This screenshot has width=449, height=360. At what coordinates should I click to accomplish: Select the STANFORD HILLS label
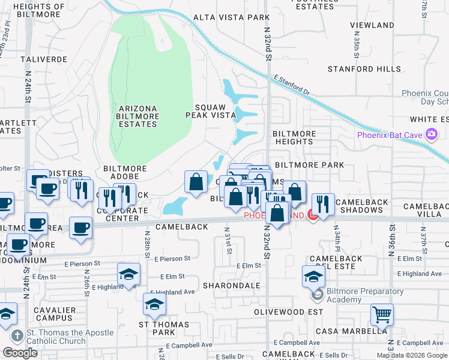coord(364,69)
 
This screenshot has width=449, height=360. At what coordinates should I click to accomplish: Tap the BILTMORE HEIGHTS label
coord(292,137)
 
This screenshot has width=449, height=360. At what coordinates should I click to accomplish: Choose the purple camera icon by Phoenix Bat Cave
coord(430,134)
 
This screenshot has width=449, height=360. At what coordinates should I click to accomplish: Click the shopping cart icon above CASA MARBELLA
coord(382,314)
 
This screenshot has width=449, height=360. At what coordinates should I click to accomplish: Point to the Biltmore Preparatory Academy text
coord(364,295)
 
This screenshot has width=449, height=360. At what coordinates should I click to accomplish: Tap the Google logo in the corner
coord(20,353)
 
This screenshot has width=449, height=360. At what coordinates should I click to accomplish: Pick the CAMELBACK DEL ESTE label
coord(336,262)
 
